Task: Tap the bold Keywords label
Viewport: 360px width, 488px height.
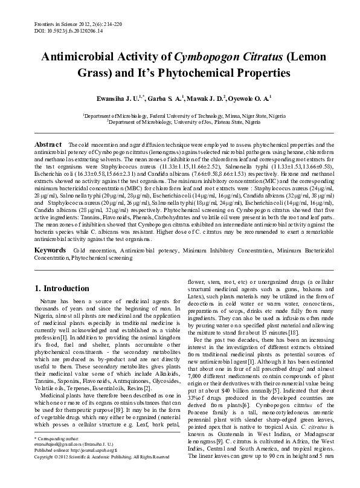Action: (x=50, y=249)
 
